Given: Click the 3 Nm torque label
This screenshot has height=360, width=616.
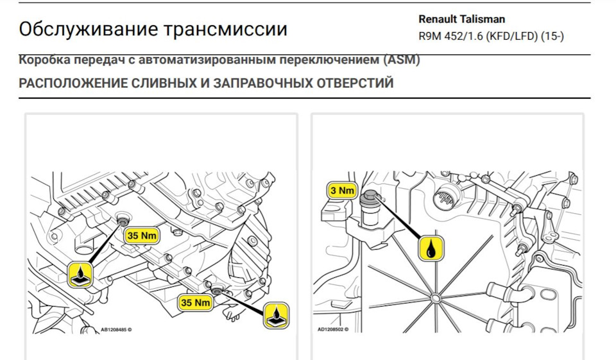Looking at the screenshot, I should pyautogui.click(x=342, y=190).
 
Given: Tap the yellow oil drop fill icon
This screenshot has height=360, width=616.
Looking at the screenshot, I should pyautogui.click(x=431, y=248).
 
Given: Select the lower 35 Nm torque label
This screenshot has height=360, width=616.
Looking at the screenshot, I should pyautogui.click(x=195, y=302).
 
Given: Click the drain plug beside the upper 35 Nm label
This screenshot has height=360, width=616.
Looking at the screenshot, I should pyautogui.click(x=121, y=222).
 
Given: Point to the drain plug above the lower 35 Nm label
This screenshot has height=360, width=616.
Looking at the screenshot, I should pyautogui.click(x=216, y=291).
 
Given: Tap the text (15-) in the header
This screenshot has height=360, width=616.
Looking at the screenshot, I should pyautogui.click(x=552, y=36).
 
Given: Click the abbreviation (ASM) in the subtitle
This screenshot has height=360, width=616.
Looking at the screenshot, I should pyautogui.click(x=402, y=60).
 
